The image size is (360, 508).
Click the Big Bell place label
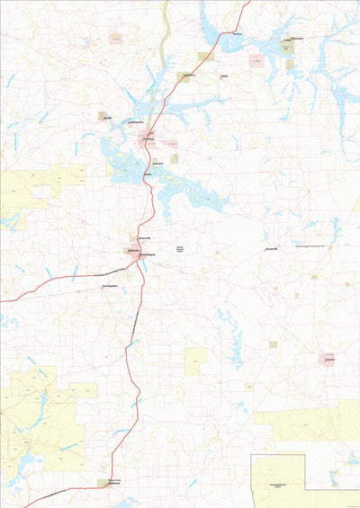click(x=107, y=116)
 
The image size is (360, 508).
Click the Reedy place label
click(x=224, y=77)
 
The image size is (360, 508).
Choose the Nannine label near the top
click(x=238, y=34)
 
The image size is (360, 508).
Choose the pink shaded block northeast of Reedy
click(x=257, y=61)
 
